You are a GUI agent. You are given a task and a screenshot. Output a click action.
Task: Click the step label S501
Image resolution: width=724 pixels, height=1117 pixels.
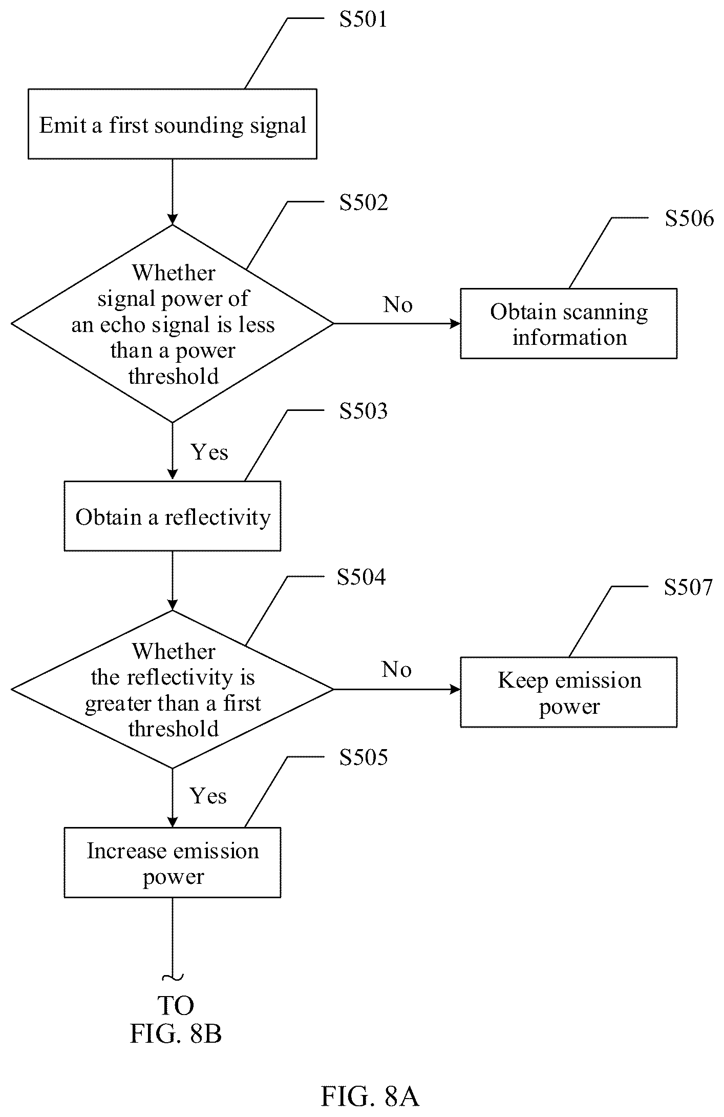(x=363, y=19)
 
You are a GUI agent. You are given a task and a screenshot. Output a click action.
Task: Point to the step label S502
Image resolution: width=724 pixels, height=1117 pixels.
(x=364, y=202)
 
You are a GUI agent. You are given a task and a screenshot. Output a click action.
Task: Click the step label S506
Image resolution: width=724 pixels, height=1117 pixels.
(x=689, y=218)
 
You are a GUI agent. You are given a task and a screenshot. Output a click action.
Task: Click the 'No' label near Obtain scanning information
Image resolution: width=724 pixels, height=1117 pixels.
(x=398, y=305)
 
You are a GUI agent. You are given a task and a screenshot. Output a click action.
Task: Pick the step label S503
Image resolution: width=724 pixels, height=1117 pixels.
(x=364, y=411)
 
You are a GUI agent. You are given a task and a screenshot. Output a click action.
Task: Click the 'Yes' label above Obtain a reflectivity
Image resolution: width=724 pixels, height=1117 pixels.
(x=209, y=452)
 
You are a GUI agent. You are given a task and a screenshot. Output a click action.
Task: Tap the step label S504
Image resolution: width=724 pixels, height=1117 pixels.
(x=361, y=577)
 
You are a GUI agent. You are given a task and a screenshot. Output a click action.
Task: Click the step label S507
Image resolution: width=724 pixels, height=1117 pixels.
(x=688, y=587)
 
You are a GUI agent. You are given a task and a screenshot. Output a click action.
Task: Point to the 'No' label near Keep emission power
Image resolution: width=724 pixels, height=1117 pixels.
(x=397, y=670)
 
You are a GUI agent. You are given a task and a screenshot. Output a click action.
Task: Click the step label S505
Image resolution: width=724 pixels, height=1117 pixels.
(x=364, y=757)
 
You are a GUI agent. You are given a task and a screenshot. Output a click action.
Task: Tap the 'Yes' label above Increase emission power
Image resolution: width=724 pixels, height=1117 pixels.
(x=208, y=796)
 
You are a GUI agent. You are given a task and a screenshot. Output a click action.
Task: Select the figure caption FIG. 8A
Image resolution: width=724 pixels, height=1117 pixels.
(x=370, y=1097)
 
